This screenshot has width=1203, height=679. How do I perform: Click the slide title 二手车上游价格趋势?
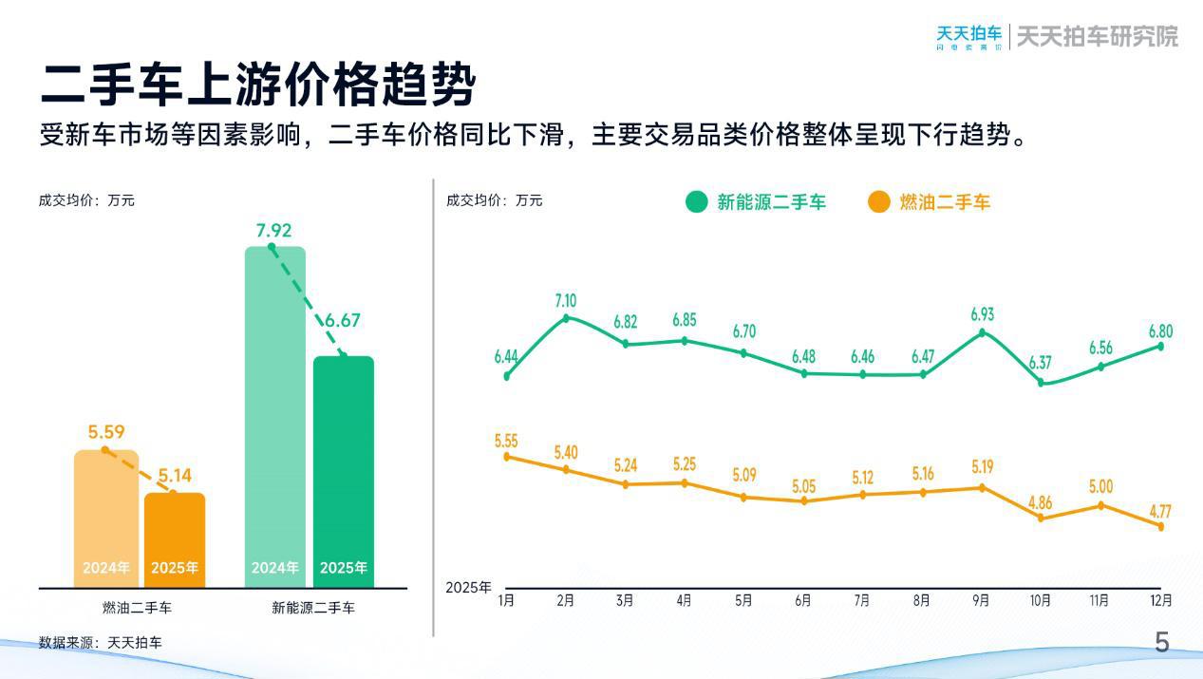tap(257, 85)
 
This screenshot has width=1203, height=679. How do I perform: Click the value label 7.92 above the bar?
tap(273, 231)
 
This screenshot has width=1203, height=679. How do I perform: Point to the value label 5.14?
tap(175, 475)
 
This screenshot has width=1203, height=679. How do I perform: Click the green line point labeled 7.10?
tap(566, 318)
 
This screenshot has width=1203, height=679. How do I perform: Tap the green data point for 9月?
tap(982, 331)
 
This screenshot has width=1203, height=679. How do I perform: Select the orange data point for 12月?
tap(1160, 526)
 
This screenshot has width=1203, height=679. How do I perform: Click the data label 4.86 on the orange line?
tap(1041, 503)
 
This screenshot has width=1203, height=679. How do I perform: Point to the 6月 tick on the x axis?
tap(803, 600)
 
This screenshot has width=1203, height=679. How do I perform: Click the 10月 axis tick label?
tap(1041, 600)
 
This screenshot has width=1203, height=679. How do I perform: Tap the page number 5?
tap(1162, 643)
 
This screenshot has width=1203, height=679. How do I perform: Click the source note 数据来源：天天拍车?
tap(101, 643)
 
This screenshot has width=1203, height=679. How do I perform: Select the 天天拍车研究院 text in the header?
tap(1097, 36)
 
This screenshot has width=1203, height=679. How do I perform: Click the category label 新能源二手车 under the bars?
tap(313, 608)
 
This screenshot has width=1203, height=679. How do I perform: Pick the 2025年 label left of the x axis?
tap(468, 588)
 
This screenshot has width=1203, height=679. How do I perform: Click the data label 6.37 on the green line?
tap(1041, 363)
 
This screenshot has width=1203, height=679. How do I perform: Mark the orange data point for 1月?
tap(507, 457)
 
